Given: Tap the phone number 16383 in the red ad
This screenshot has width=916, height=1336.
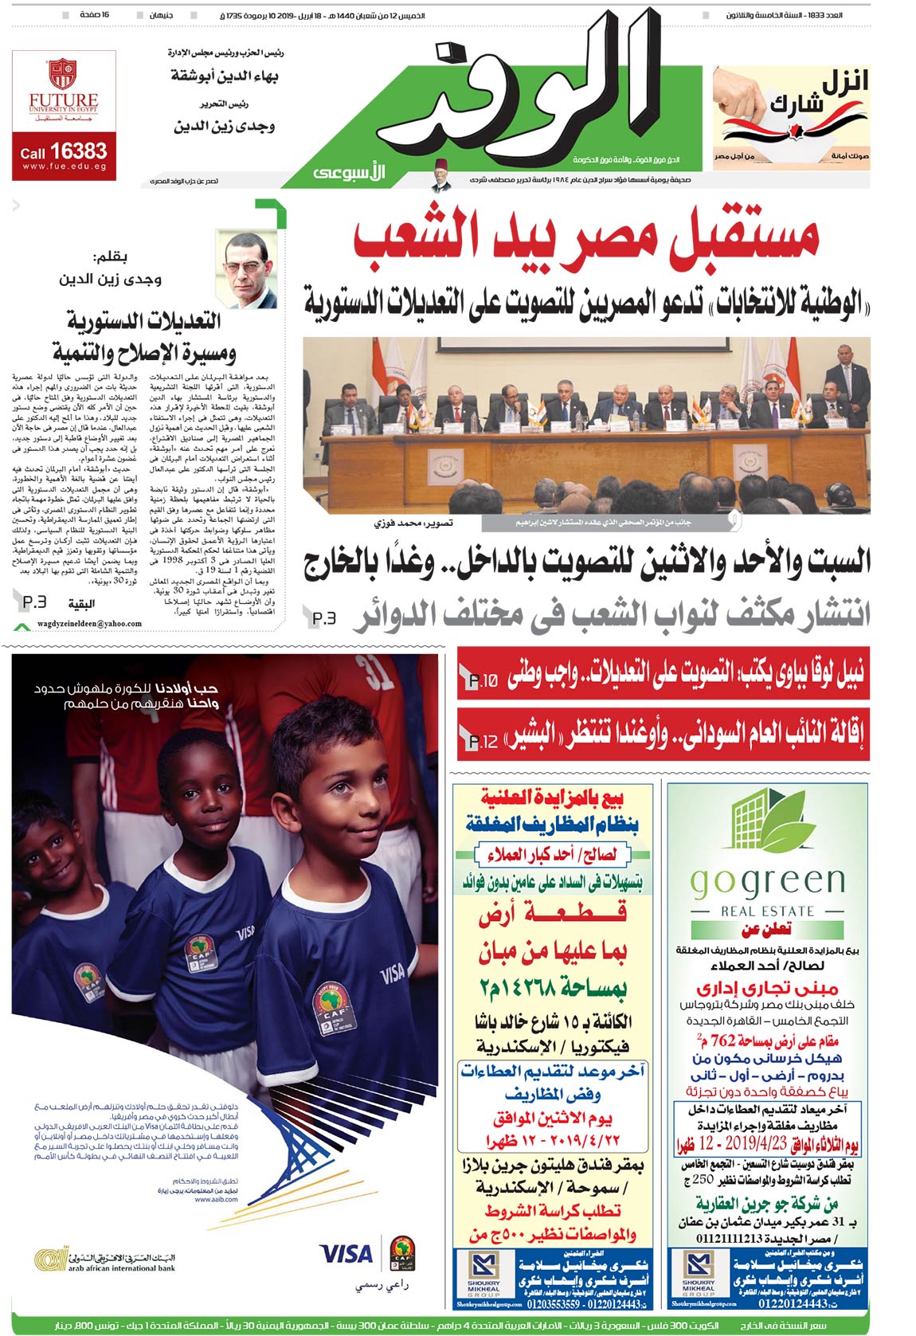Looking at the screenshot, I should point(78,151).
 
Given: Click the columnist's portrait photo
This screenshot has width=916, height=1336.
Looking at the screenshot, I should point(249,270).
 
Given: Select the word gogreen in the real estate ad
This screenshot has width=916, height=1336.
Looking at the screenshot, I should point(767,881).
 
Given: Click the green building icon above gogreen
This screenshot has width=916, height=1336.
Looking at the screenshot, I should point(766,821).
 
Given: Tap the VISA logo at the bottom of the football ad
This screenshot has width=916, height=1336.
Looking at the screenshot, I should point(346,1253).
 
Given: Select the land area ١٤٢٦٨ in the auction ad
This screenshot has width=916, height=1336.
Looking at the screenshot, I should point(574,988).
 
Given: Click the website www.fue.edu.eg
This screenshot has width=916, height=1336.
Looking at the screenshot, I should point(64,167).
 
